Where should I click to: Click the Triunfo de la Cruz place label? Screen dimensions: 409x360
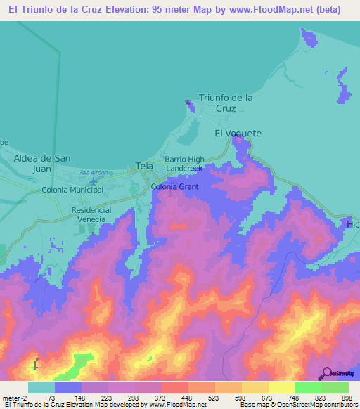226,103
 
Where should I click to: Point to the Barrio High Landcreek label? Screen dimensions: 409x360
185,164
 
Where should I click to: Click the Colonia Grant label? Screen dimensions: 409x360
175,186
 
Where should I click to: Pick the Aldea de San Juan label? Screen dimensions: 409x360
43,164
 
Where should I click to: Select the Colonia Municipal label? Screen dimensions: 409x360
72,190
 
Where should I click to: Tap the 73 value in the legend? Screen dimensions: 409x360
51,397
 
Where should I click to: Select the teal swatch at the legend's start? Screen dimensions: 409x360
41,387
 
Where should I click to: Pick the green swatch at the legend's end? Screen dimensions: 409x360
335,387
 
